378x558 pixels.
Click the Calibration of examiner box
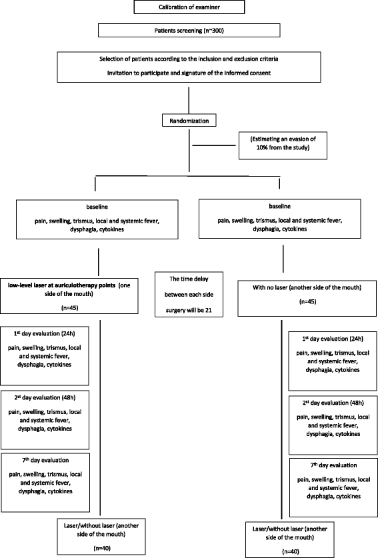click(x=189, y=8)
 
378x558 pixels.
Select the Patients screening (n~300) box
click(x=189, y=31)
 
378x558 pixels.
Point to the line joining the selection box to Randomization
click(x=189, y=99)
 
